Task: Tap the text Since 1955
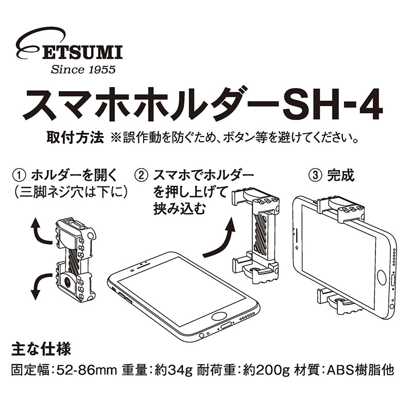point(83,69)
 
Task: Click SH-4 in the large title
point(333,105)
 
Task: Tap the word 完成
point(341,175)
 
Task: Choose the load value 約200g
point(263,371)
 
